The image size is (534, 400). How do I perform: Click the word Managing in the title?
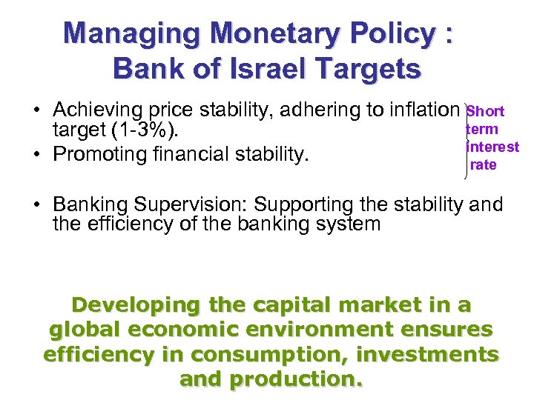pyautogui.click(x=132, y=34)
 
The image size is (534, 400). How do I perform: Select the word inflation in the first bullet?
pyautogui.click(x=419, y=110)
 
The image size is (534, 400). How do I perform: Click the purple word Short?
pyautogui.click(x=487, y=112)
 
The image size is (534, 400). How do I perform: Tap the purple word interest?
pyautogui.click(x=493, y=147)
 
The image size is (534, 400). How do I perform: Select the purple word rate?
pyautogui.click(x=484, y=164)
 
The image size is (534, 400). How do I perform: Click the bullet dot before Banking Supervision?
pyautogui.click(x=36, y=205)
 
